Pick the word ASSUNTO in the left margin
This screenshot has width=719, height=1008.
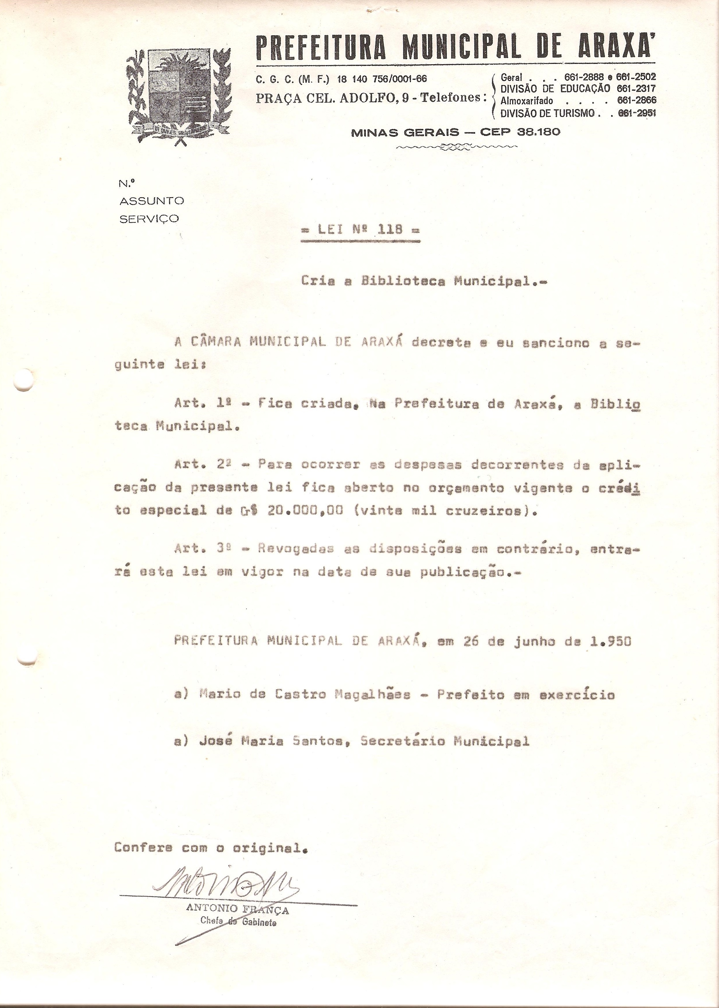point(152,201)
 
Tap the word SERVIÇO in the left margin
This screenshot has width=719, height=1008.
point(149,219)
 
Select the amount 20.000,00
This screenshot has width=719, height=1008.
point(305,510)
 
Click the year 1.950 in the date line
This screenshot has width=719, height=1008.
point(611,641)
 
